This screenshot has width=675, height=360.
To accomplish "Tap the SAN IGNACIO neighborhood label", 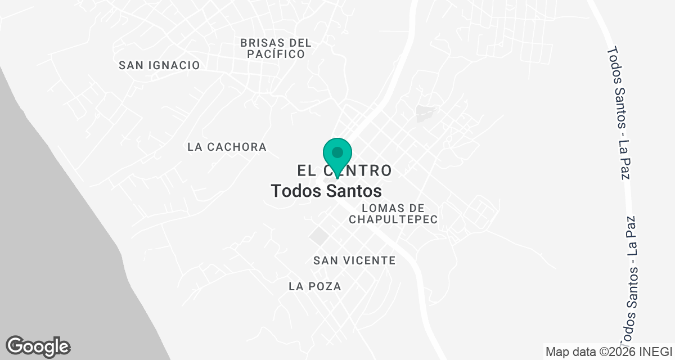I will pyautogui.click(x=159, y=65).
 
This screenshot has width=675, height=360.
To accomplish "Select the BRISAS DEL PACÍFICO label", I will pyautogui.click(x=276, y=48).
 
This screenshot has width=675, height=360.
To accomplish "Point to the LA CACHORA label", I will pyautogui.click(x=227, y=147).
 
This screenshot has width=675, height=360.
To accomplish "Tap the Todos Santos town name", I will pyautogui.click(x=326, y=191).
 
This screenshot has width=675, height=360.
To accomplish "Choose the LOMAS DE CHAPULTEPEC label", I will pyautogui.click(x=393, y=214).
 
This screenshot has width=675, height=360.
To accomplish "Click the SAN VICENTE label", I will pyautogui.click(x=354, y=260).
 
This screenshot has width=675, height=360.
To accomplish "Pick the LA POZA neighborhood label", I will pyautogui.click(x=314, y=286).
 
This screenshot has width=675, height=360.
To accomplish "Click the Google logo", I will pyautogui.click(x=38, y=346).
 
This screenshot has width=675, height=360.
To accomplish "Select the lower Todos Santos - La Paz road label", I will pyautogui.click(x=632, y=281).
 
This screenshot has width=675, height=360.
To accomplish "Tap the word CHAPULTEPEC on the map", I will pyautogui.click(x=393, y=219).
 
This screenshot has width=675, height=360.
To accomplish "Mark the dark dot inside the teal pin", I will pyautogui.click(x=337, y=152).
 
